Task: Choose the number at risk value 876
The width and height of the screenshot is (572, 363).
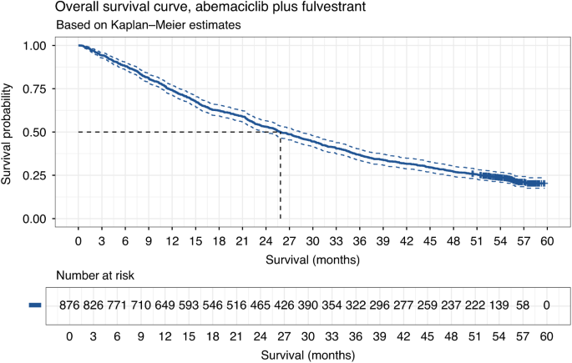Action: (x=70, y=307)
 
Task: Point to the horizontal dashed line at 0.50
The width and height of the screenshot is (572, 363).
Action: (x=167, y=132)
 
